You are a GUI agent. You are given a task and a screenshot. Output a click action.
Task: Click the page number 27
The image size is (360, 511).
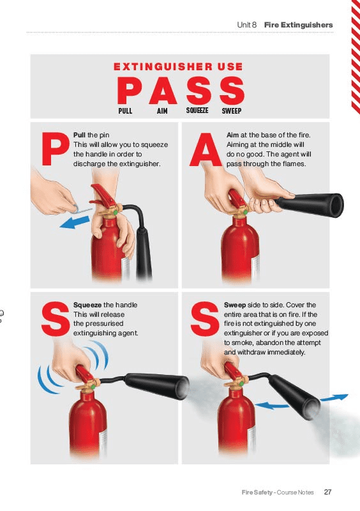click(327, 492)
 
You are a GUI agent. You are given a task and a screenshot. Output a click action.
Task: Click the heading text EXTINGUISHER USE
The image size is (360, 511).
click(178, 66)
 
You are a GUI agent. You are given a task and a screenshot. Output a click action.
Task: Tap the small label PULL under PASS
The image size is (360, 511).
click(125, 111)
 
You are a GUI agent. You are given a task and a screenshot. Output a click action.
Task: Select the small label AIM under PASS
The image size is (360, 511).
click(162, 111)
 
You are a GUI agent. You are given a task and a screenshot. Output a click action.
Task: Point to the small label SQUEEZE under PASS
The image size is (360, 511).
click(197, 111)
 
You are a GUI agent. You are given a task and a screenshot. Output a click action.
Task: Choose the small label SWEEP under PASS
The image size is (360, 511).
click(231, 111)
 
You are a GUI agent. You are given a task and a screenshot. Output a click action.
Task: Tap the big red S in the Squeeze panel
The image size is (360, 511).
click(54, 319)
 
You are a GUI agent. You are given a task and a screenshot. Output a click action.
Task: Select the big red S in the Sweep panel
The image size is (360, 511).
click(205, 319)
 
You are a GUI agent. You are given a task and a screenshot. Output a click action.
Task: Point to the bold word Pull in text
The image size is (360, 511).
click(80, 135)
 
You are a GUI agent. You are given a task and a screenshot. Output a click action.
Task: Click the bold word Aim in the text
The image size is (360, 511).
click(232, 135)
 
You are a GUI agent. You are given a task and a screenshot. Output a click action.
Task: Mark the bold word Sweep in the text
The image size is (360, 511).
click(236, 305)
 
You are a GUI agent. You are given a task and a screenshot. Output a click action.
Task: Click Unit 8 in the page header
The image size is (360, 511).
click(246, 25)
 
